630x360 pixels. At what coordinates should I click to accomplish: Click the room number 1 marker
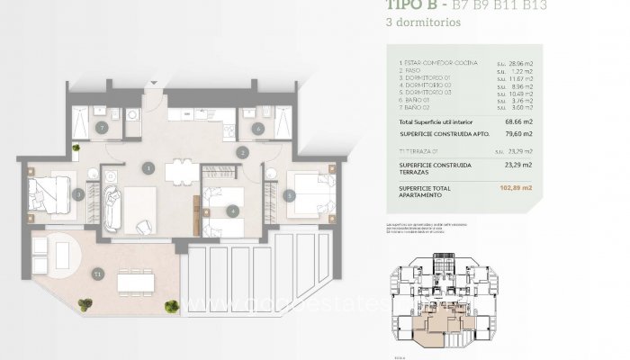pos(148,166)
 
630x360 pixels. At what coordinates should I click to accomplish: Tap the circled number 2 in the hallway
pos(242,153)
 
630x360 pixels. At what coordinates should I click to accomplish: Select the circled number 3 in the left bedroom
pos(79,193)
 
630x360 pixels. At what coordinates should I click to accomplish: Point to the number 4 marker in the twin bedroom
pos(232,212)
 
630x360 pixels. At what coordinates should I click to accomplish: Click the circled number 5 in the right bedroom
pos(290,193)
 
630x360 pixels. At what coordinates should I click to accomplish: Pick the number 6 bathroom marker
pos(258,130)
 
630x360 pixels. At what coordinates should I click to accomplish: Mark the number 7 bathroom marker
pos(103,130)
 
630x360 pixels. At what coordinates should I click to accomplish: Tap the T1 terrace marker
pos(97,273)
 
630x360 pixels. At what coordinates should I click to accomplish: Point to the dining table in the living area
pos(181,170)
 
